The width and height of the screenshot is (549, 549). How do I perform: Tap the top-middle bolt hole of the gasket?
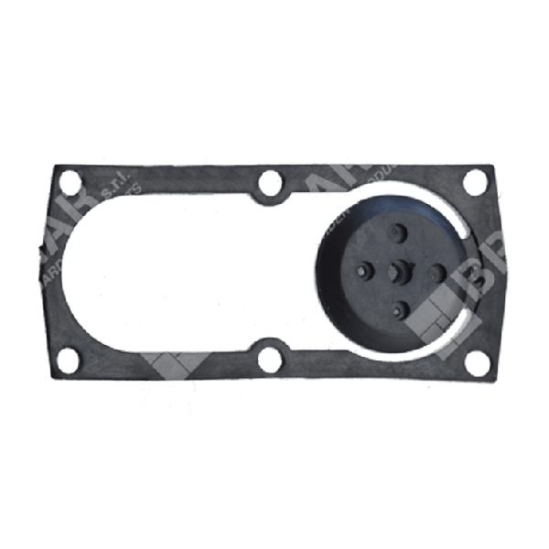pos(269,185)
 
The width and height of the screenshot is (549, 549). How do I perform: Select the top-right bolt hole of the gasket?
pos(475,182)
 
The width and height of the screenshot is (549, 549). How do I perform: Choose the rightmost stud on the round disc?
pos(436,272)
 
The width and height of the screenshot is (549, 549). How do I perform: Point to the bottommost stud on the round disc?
pos(399,311)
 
